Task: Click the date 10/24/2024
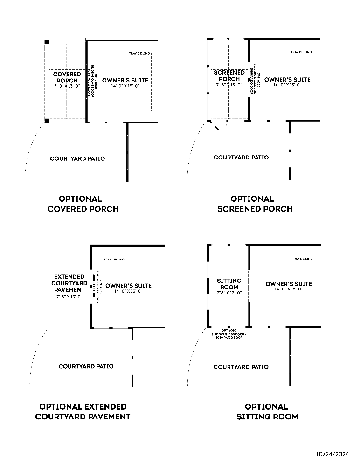(332, 453)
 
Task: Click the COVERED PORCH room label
(67, 77)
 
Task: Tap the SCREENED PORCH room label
(229, 75)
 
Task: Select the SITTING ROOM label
(229, 284)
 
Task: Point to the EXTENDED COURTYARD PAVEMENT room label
(69, 283)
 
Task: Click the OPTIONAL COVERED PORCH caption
(83, 204)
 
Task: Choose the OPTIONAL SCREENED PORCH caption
(255, 204)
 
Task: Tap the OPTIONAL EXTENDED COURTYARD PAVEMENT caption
(83, 411)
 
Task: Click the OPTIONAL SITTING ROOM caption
(267, 411)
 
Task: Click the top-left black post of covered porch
(46, 42)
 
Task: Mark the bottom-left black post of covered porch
(47, 121)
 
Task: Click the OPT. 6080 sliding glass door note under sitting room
(229, 334)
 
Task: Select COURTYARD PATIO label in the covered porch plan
(77, 159)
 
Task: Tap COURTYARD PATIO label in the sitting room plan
(241, 367)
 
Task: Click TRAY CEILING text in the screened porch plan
(301, 52)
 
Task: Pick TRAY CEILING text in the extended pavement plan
(114, 260)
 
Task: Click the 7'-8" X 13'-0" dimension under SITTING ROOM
(229, 293)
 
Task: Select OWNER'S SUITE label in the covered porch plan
(125, 80)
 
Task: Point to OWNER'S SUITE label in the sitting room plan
(288, 284)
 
